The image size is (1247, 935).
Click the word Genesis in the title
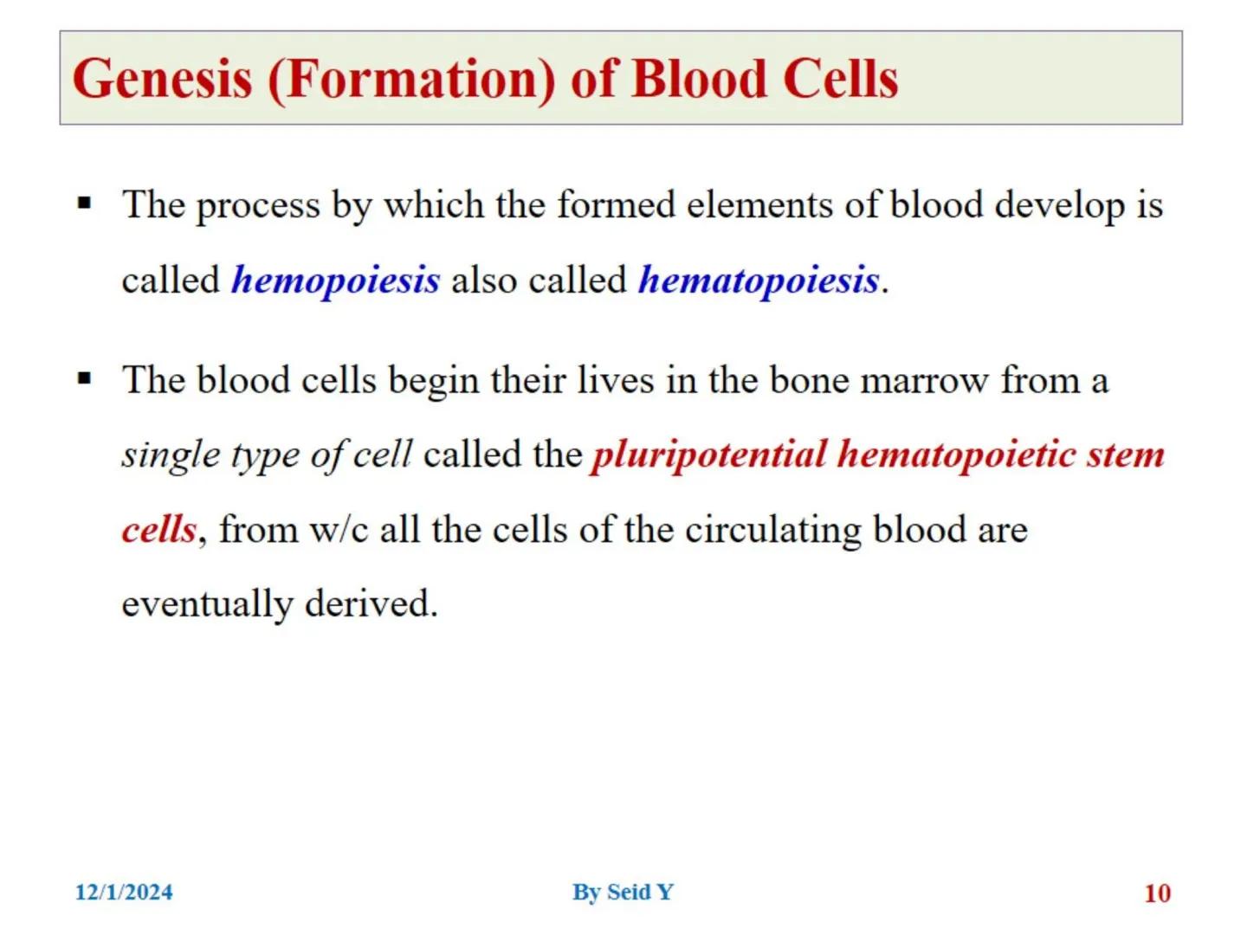click(x=162, y=79)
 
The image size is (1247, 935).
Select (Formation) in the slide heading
click(x=411, y=80)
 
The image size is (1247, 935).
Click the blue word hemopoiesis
click(x=335, y=280)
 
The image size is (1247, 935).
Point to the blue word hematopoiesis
click(x=759, y=280)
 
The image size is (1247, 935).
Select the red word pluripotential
click(x=707, y=455)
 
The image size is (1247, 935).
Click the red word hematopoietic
click(x=956, y=455)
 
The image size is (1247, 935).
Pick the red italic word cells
click(x=159, y=530)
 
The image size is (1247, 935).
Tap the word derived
click(x=372, y=603)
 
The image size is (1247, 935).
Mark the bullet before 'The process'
click(x=85, y=203)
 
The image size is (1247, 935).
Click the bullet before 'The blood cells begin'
click(x=85, y=378)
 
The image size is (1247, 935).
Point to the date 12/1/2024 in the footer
click(x=124, y=893)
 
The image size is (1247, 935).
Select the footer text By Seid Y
click(x=623, y=893)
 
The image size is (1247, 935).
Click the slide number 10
click(x=1157, y=893)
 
